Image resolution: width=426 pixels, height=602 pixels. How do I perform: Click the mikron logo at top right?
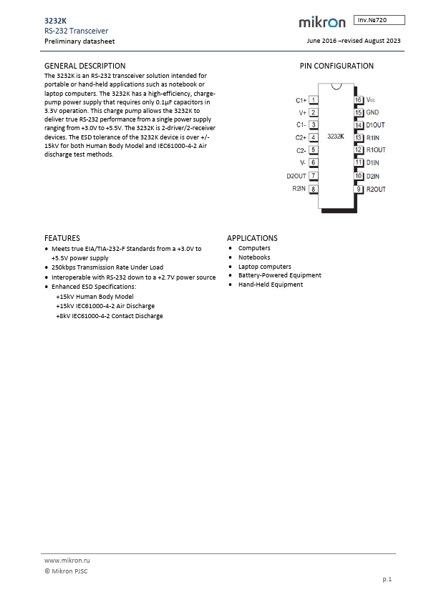(321, 23)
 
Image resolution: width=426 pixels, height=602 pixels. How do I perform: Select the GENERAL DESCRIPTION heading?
(84, 66)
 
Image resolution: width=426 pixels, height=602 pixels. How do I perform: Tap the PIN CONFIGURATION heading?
(336, 66)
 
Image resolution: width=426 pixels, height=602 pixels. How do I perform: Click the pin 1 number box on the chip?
(313, 99)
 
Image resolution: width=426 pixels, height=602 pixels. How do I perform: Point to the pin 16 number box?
(358, 99)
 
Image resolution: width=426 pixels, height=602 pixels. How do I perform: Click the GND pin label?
(372, 112)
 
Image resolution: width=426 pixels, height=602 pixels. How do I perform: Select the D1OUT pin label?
(376, 124)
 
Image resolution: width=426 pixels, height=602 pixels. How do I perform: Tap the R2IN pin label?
(299, 189)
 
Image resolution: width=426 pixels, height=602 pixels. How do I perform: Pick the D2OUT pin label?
(296, 176)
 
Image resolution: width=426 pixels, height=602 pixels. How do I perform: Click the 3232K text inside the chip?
(335, 135)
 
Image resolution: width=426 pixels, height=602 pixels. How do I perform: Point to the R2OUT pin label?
(376, 189)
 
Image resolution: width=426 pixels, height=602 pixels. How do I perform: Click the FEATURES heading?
(62, 238)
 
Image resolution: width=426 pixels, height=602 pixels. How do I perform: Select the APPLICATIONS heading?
(252, 238)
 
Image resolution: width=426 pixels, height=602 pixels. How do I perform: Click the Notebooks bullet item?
(254, 257)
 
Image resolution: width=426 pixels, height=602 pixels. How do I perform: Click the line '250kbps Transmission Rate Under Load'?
(107, 267)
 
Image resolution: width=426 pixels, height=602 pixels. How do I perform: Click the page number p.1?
(387, 579)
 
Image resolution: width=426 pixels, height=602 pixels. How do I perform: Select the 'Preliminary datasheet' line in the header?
(73, 41)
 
